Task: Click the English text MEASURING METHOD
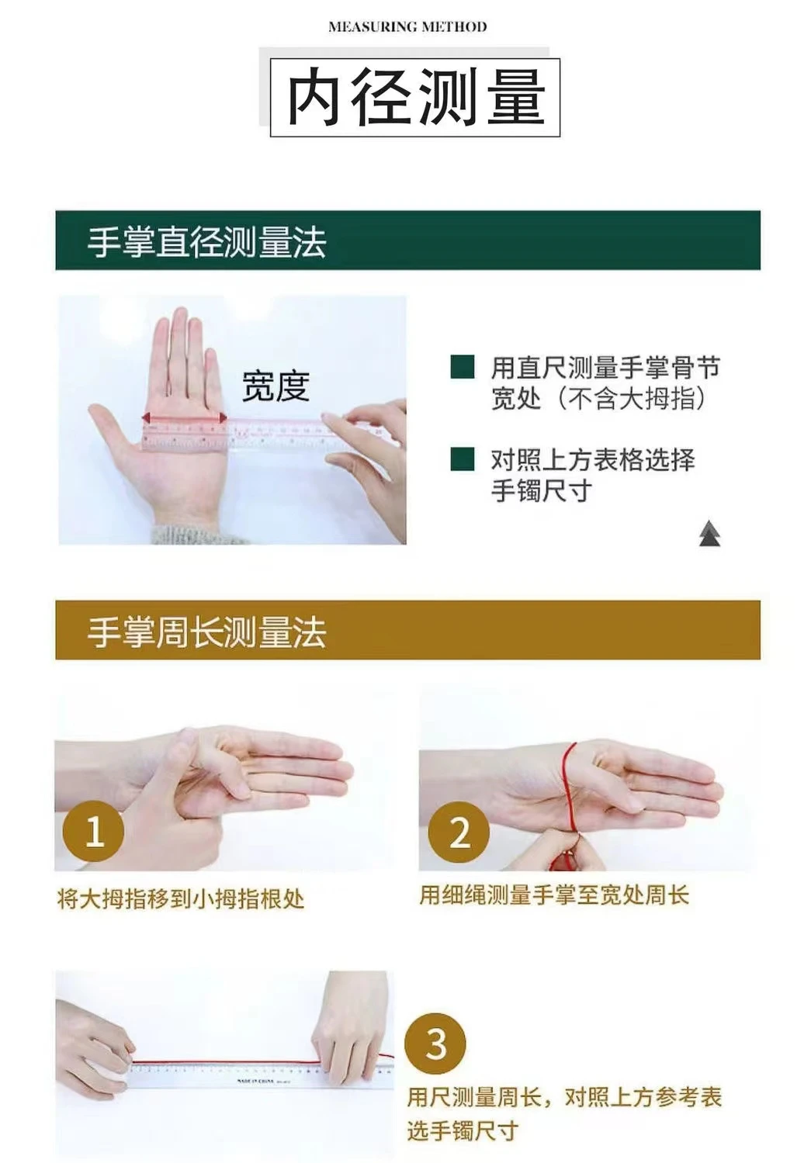(x=407, y=26)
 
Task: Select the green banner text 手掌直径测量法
(x=206, y=241)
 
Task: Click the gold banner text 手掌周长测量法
(x=206, y=632)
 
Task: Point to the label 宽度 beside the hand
(x=276, y=386)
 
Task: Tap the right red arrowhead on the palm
(x=223, y=417)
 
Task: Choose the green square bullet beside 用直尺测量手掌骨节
(x=462, y=367)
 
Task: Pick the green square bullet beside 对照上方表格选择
(x=462, y=459)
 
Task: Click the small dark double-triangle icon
(x=710, y=533)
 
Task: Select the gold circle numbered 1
(x=93, y=831)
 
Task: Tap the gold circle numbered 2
(x=459, y=832)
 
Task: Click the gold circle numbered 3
(x=435, y=1044)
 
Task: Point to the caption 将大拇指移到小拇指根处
(x=181, y=898)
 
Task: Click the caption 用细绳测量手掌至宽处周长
(x=554, y=895)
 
